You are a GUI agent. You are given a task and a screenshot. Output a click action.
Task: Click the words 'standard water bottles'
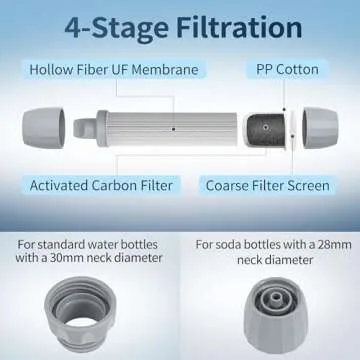[112, 245]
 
